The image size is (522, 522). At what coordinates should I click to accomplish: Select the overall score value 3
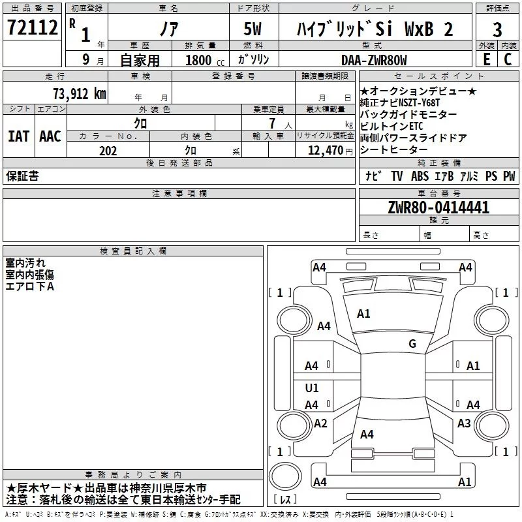(498, 29)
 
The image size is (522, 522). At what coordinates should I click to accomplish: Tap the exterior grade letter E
(485, 59)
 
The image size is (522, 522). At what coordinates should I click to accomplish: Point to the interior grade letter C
(508, 59)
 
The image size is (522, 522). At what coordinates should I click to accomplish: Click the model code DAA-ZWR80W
(373, 60)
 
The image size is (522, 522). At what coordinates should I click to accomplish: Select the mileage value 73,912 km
(79, 94)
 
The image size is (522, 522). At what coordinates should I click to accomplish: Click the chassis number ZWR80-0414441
(438, 207)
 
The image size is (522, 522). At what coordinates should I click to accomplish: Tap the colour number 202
(108, 151)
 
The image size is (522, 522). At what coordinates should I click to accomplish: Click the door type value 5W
(253, 30)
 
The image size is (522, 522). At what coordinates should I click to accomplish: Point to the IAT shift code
(18, 136)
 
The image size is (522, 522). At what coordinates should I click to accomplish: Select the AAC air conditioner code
(50, 136)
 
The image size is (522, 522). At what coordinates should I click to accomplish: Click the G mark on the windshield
(412, 344)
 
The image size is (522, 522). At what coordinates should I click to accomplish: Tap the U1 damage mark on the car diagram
(312, 388)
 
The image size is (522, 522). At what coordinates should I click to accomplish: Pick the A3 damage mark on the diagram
(464, 423)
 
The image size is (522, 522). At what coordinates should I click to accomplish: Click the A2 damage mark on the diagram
(320, 423)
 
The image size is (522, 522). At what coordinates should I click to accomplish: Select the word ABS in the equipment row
(420, 176)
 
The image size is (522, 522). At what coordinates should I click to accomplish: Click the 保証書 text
(22, 176)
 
